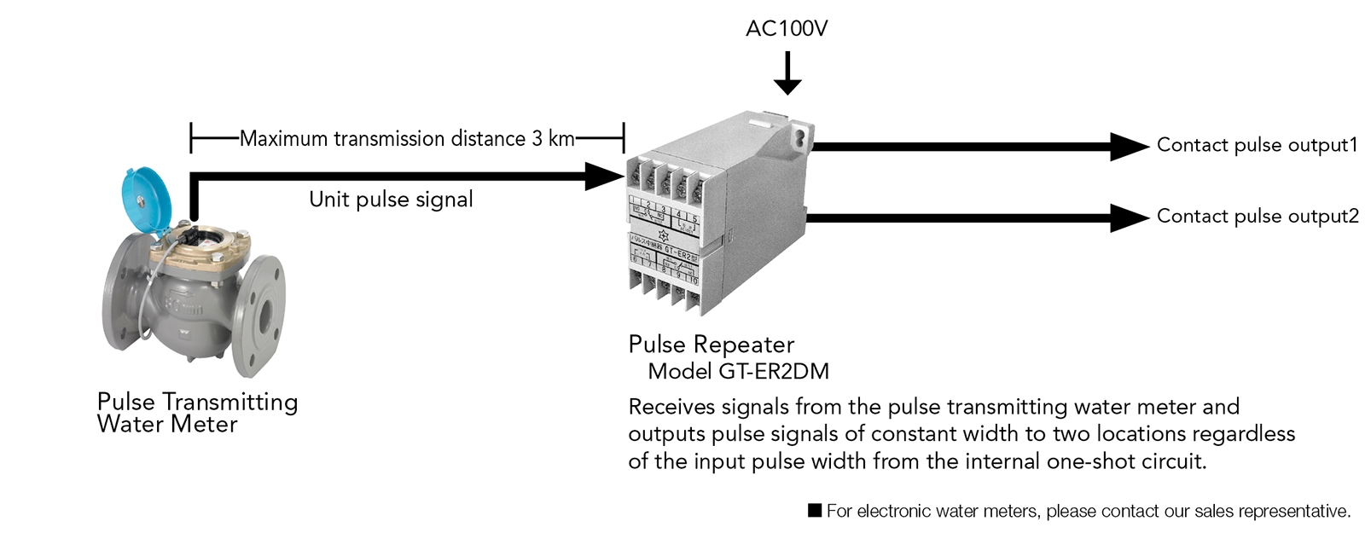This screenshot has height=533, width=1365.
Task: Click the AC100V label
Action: [786, 29]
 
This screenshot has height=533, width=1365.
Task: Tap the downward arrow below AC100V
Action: [787, 77]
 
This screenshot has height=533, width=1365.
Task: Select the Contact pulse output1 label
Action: [1256, 145]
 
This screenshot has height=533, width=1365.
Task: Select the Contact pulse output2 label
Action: [1257, 217]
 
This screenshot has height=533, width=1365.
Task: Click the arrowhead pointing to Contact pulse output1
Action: [1129, 146]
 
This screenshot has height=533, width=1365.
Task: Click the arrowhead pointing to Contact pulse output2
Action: [1129, 217]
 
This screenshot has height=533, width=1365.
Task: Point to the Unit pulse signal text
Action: [391, 200]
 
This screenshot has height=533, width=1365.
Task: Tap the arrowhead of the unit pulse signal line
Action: [604, 177]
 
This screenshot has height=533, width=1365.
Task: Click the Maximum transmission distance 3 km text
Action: [407, 138]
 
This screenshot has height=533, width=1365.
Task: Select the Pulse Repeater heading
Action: [711, 345]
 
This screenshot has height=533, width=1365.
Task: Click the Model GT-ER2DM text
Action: [738, 371]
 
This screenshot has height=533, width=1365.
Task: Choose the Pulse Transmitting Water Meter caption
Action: [197, 413]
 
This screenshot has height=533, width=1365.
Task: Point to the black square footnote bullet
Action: [815, 511]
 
